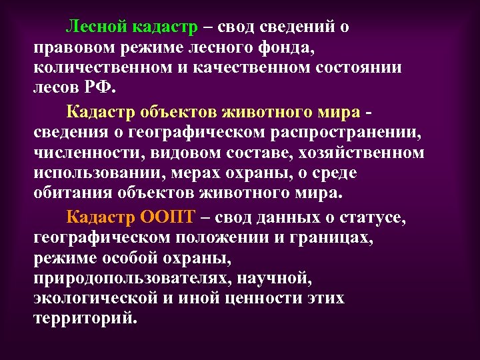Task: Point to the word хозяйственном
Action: point(359,153)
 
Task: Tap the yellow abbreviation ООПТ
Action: point(168,217)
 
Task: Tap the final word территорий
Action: point(84,318)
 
